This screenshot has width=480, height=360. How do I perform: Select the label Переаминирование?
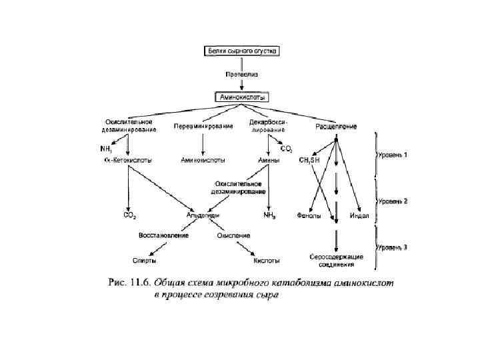tap(203, 126)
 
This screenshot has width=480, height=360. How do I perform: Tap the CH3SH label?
tap(311, 160)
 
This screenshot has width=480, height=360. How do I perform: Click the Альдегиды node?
tap(203, 215)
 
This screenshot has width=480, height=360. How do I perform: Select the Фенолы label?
tap(309, 215)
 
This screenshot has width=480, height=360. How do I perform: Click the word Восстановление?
tap(163, 235)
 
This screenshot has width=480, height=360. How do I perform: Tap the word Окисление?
tap(234, 235)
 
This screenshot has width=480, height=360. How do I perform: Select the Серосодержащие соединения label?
tap(337, 260)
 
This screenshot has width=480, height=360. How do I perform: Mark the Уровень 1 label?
tap(394, 155)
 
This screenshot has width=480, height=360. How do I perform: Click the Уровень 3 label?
tap(394, 247)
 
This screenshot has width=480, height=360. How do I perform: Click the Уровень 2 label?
tap(394, 201)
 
